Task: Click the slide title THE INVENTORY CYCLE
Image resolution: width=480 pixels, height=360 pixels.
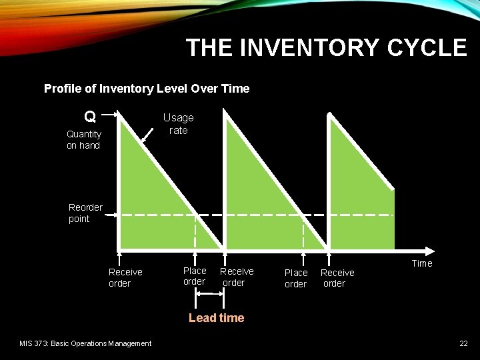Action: coord(326,48)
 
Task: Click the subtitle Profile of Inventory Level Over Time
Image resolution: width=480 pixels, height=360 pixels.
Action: coord(147,89)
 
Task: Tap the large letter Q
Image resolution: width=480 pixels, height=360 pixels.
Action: coord(89,117)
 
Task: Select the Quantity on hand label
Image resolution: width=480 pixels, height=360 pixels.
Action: coord(83,139)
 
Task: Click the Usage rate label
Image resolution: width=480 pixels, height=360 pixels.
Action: coord(178,123)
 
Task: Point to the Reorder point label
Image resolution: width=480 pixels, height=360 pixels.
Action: coord(85,213)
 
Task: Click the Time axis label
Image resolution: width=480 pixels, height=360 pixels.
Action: coord(421,263)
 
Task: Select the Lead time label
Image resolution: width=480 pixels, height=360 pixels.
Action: coord(216,318)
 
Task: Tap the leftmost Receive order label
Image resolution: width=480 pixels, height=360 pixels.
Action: coord(125,277)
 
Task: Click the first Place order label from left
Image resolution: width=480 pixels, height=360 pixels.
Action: coord(195,276)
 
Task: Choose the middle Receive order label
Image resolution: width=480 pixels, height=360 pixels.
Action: coord(237,277)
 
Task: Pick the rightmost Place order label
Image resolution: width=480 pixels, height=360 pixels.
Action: coord(296,278)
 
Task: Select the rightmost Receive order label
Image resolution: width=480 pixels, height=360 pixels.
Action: coord(337,278)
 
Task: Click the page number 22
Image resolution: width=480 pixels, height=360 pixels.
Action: coord(463,343)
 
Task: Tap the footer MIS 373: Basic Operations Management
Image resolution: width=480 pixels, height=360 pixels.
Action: coord(85,343)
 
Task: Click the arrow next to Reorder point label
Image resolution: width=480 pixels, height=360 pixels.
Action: coord(111,215)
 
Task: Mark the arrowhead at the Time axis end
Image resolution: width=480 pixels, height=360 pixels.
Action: coord(437,251)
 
